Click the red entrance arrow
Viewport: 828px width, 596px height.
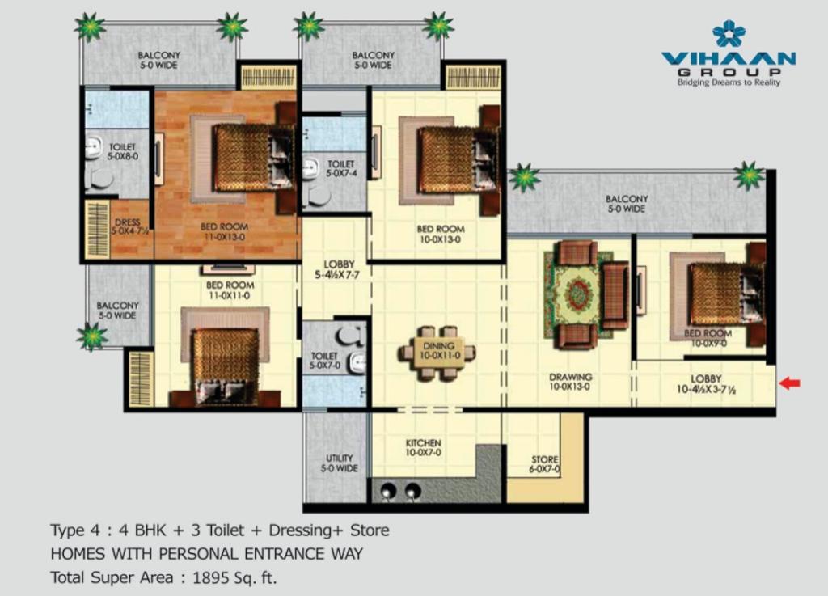pyautogui.click(x=790, y=383)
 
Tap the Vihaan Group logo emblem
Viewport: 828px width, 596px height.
pyautogui.click(x=729, y=34)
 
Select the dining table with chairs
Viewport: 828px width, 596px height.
pyautogui.click(x=437, y=353)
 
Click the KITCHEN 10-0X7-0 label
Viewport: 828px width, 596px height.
pyautogui.click(x=424, y=448)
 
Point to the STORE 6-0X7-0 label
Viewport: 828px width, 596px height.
pyautogui.click(x=545, y=464)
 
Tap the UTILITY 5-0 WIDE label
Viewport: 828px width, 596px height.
pyautogui.click(x=339, y=463)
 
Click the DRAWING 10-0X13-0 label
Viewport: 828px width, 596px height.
pyautogui.click(x=570, y=382)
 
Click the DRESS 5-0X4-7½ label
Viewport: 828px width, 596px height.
pyautogui.click(x=129, y=227)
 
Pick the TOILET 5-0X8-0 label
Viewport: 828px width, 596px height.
pyautogui.click(x=123, y=151)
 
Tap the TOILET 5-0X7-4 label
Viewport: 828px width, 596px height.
pyautogui.click(x=340, y=169)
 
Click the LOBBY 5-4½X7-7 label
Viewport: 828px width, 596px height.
pyautogui.click(x=338, y=269)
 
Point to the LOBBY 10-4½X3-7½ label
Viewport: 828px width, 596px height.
pyautogui.click(x=706, y=384)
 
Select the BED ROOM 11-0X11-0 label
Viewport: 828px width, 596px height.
pyautogui.click(x=230, y=290)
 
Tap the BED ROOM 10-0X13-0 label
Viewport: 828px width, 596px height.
pyautogui.click(x=441, y=234)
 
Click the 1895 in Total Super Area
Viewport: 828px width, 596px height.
pyautogui.click(x=211, y=577)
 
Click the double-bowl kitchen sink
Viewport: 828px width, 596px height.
pyautogui.click(x=400, y=491)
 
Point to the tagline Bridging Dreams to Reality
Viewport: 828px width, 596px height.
pyautogui.click(x=729, y=82)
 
